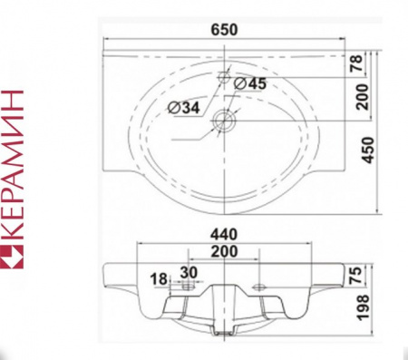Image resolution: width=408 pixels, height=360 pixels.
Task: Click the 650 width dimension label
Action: (224, 30)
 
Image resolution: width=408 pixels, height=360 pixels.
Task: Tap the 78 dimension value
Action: (357, 63)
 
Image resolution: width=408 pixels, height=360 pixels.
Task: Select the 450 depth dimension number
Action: (368, 151)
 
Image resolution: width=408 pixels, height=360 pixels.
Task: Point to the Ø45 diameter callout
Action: (250, 83)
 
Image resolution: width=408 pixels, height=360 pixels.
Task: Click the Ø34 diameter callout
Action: (184, 107)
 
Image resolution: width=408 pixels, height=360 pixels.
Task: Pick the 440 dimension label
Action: (224, 235)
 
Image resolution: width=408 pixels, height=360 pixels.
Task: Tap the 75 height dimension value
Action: (355, 275)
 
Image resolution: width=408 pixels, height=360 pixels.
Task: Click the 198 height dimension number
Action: (363, 307)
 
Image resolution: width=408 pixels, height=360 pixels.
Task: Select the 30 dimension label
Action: (189, 272)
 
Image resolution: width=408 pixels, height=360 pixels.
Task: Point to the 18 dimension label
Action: (159, 278)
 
